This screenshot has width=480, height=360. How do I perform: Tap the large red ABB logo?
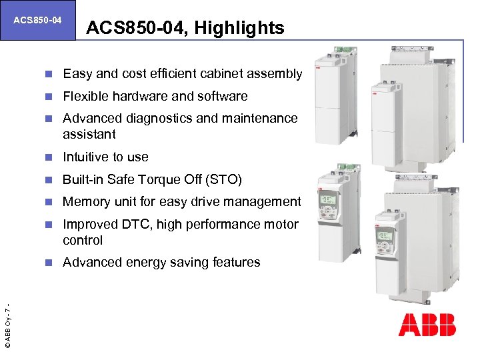point(427,324)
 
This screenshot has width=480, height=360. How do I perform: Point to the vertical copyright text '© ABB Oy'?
point(7,327)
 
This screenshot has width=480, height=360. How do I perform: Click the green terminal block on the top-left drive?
point(343,49)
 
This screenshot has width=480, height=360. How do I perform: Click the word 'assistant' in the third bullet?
point(89,134)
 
